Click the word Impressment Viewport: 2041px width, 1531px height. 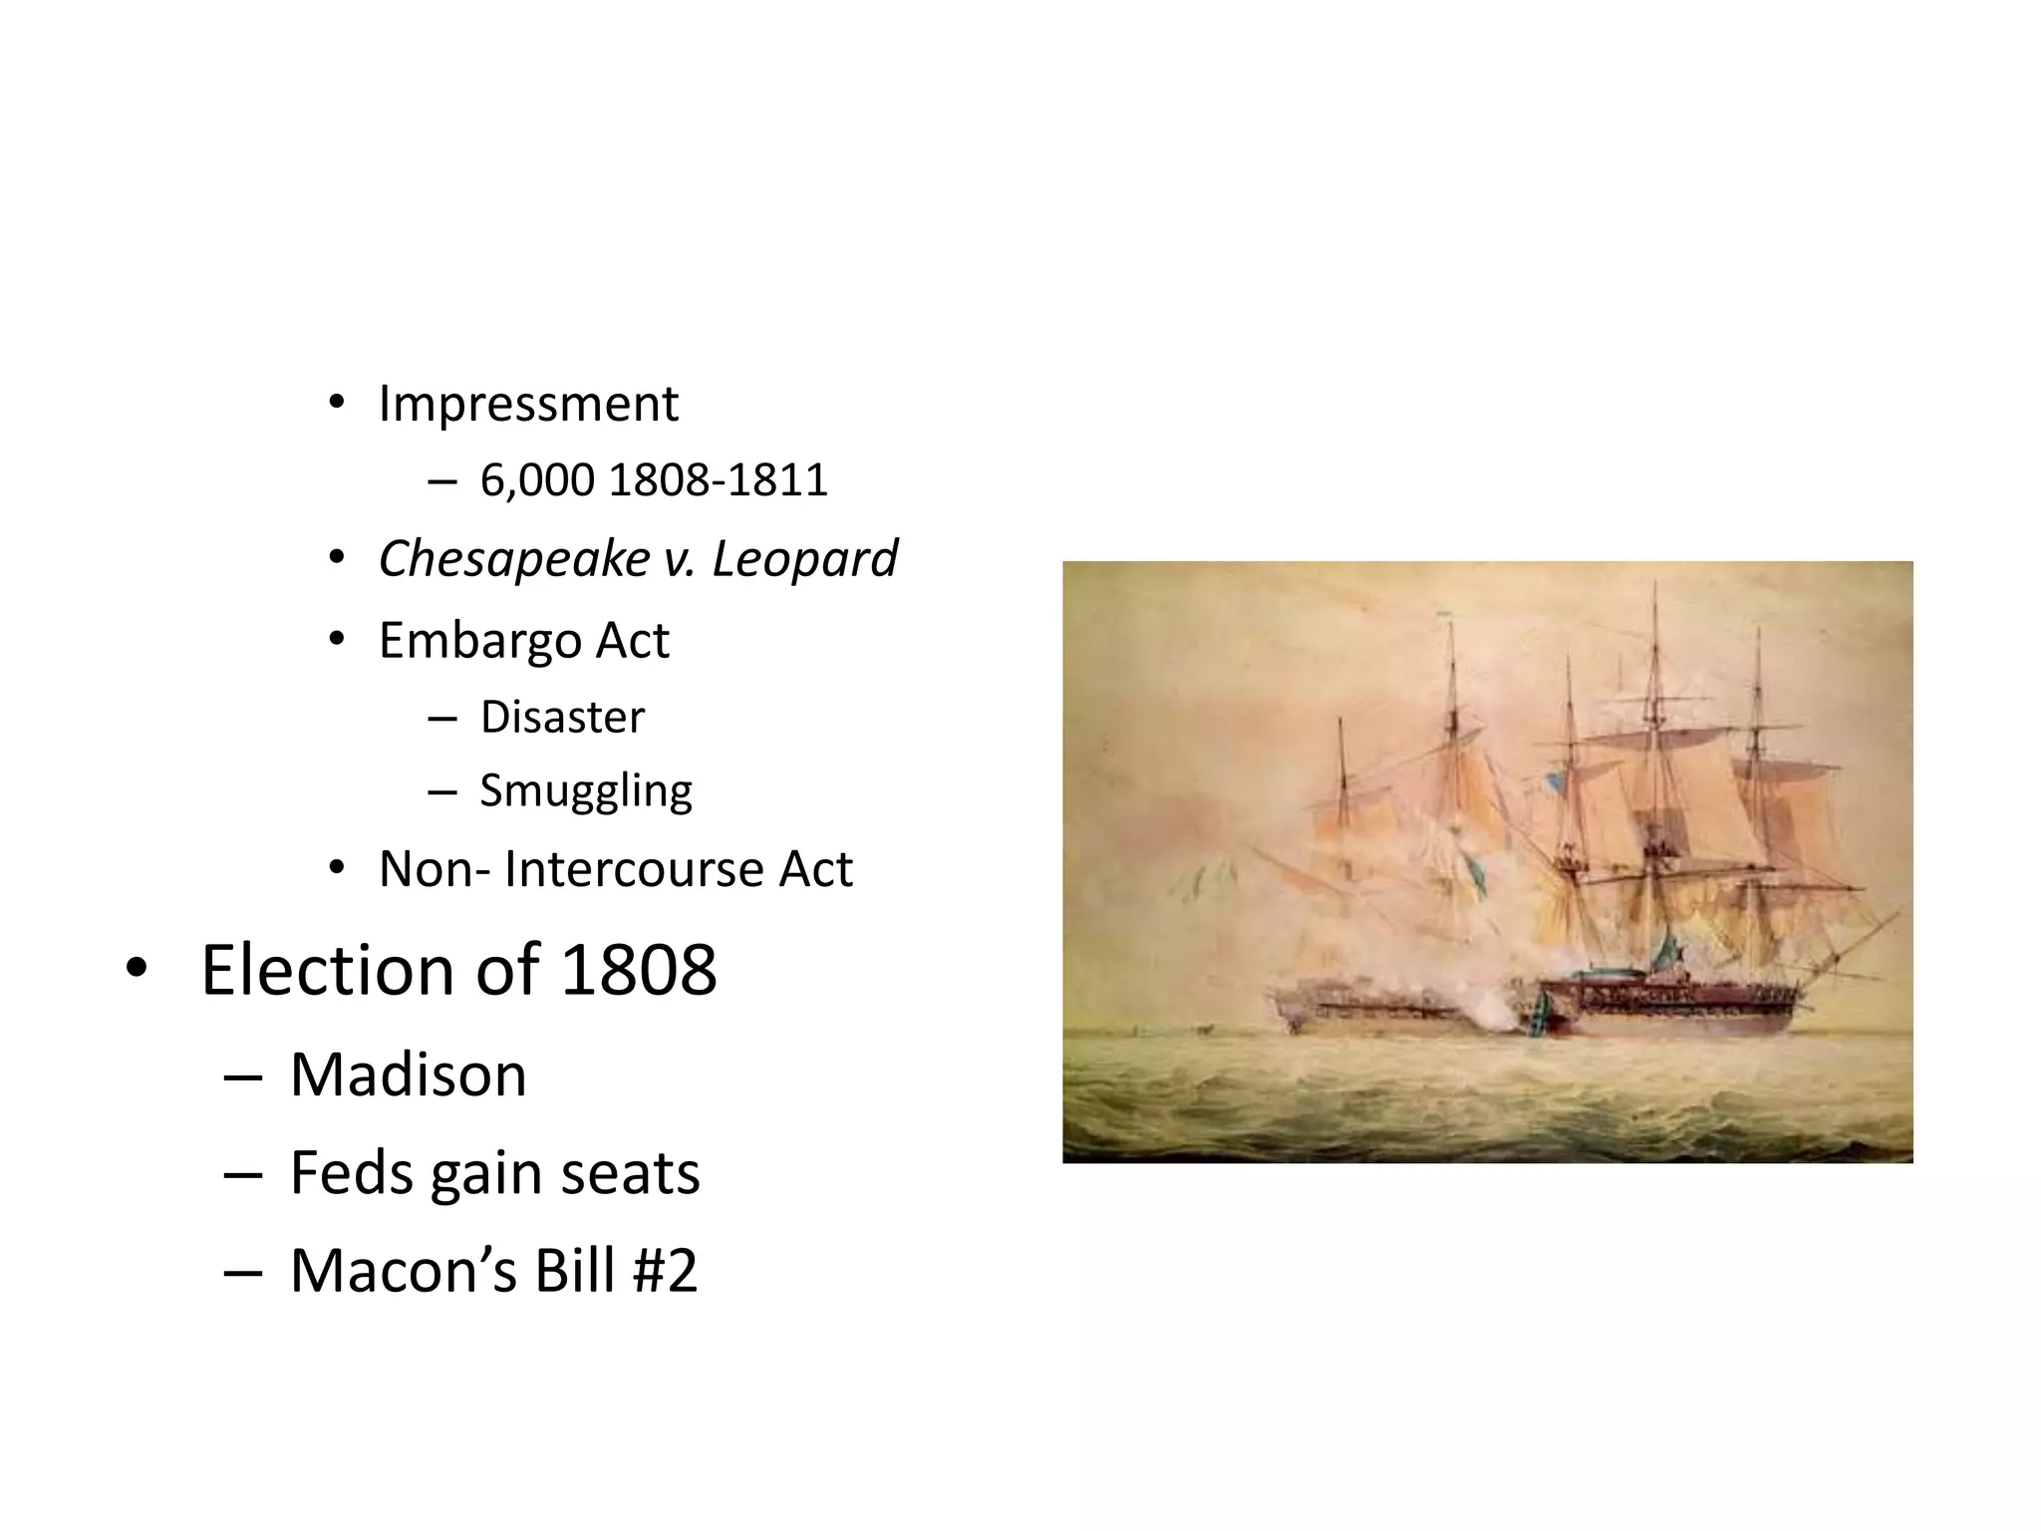[x=528, y=404]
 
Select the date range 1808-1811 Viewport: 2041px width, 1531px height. [x=718, y=480]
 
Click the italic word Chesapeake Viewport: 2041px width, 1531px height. [x=514, y=558]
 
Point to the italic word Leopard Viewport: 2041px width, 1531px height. [x=804, y=558]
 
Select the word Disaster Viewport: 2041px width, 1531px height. [x=562, y=718]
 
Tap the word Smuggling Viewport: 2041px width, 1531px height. [x=586, y=791]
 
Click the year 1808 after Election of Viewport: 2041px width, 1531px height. [x=638, y=969]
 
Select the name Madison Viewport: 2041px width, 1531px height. [x=408, y=1074]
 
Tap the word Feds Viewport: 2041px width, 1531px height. [x=350, y=1172]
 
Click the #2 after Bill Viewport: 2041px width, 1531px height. [x=665, y=1270]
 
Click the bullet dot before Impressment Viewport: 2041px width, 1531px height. [x=337, y=404]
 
